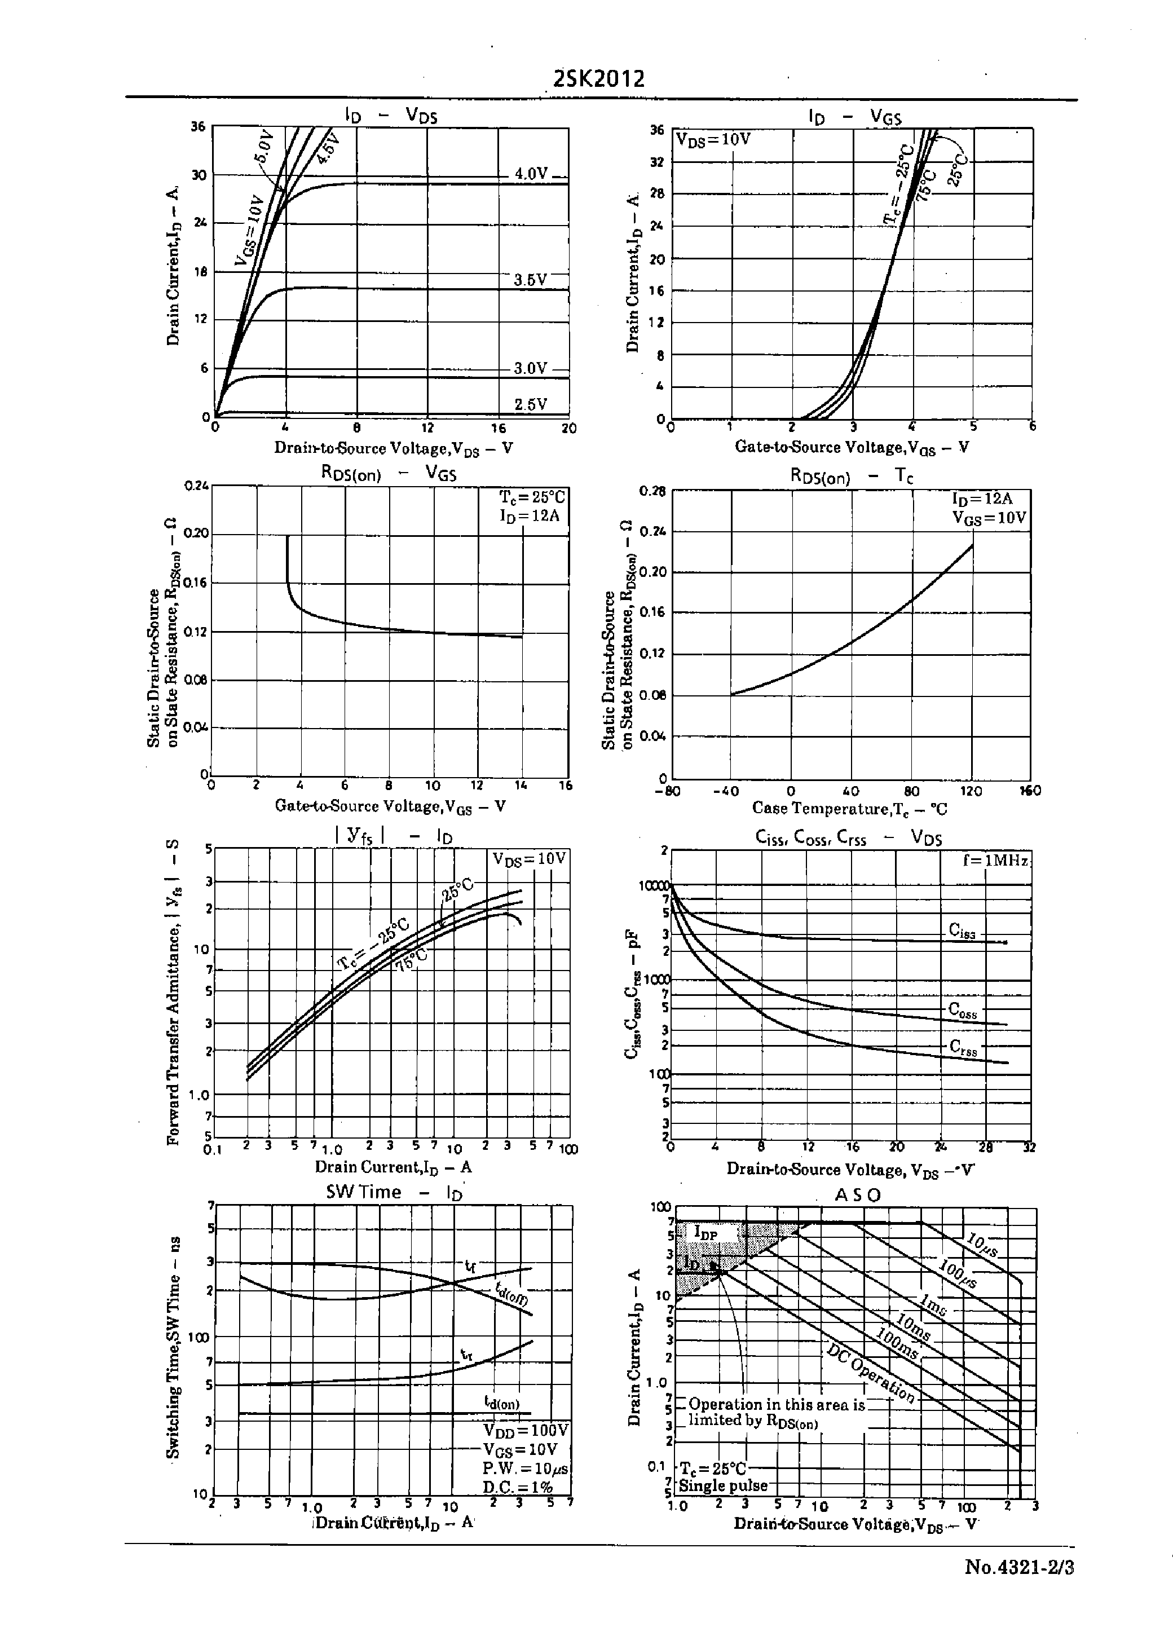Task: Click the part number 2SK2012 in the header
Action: click(597, 78)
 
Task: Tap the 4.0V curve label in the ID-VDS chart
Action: click(531, 173)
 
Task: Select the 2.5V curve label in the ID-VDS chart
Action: click(530, 404)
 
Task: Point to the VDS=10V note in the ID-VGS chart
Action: click(713, 139)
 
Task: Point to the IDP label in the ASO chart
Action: click(705, 1232)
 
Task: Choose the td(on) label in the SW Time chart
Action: click(501, 1403)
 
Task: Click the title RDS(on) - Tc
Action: click(852, 477)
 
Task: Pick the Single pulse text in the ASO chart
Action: click(722, 1485)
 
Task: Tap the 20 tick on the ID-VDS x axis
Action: click(568, 428)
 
